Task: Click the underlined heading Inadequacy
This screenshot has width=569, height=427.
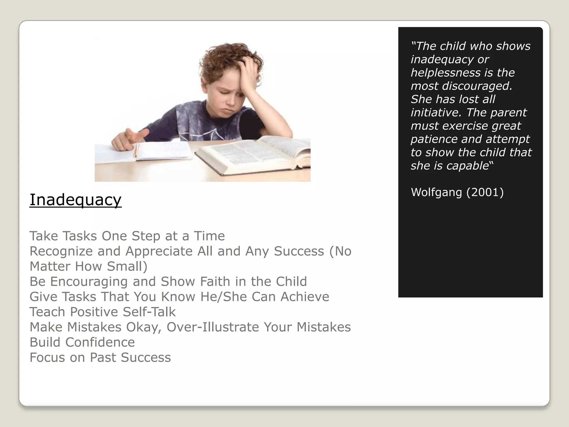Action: click(x=76, y=200)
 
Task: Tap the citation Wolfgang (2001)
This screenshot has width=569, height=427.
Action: click(x=457, y=192)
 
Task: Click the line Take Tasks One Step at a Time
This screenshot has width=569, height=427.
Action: click(x=127, y=236)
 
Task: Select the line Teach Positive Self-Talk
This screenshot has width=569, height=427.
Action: click(x=103, y=312)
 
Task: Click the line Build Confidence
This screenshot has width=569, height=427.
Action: click(x=82, y=342)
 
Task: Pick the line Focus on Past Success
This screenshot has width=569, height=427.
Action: click(x=100, y=358)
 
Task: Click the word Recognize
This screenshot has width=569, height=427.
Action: click(x=61, y=251)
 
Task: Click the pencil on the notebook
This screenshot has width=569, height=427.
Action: click(x=136, y=150)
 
